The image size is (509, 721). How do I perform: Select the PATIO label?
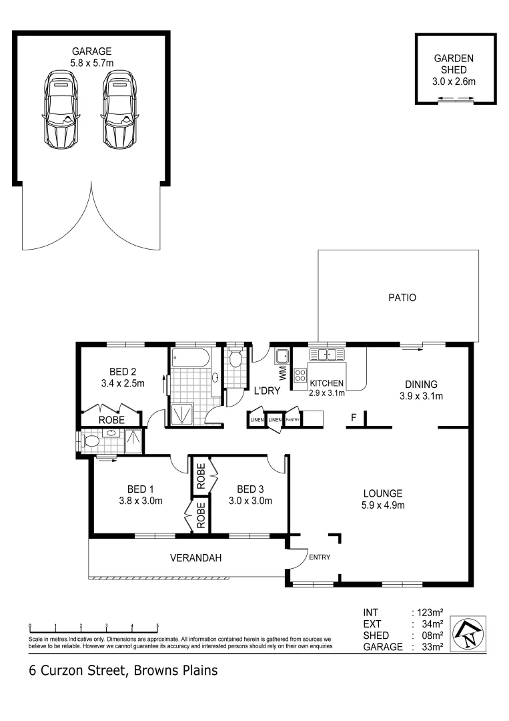402,298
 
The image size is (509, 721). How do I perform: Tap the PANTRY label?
292,420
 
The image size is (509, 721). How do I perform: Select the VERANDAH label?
195,558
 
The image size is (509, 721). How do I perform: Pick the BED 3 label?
249,487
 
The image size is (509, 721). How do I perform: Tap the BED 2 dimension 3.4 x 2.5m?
122,383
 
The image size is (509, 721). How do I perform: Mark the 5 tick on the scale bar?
157,627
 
